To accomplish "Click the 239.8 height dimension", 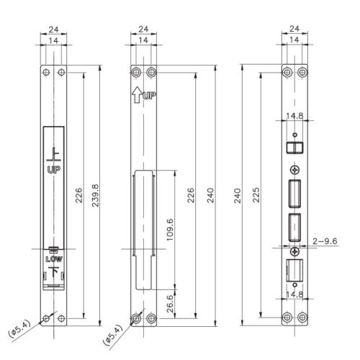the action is point(95,195).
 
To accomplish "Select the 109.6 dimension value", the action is point(170,230).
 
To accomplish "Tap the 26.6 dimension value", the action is point(170,304).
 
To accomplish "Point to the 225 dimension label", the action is point(256,195).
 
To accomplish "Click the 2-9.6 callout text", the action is point(325,241).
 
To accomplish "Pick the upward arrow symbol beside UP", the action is point(137,95).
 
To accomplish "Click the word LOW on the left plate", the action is point(54,259).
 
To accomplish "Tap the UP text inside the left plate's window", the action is point(54,170).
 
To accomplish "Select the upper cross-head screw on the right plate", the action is point(294,170).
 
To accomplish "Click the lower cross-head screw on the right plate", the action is point(294,252).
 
